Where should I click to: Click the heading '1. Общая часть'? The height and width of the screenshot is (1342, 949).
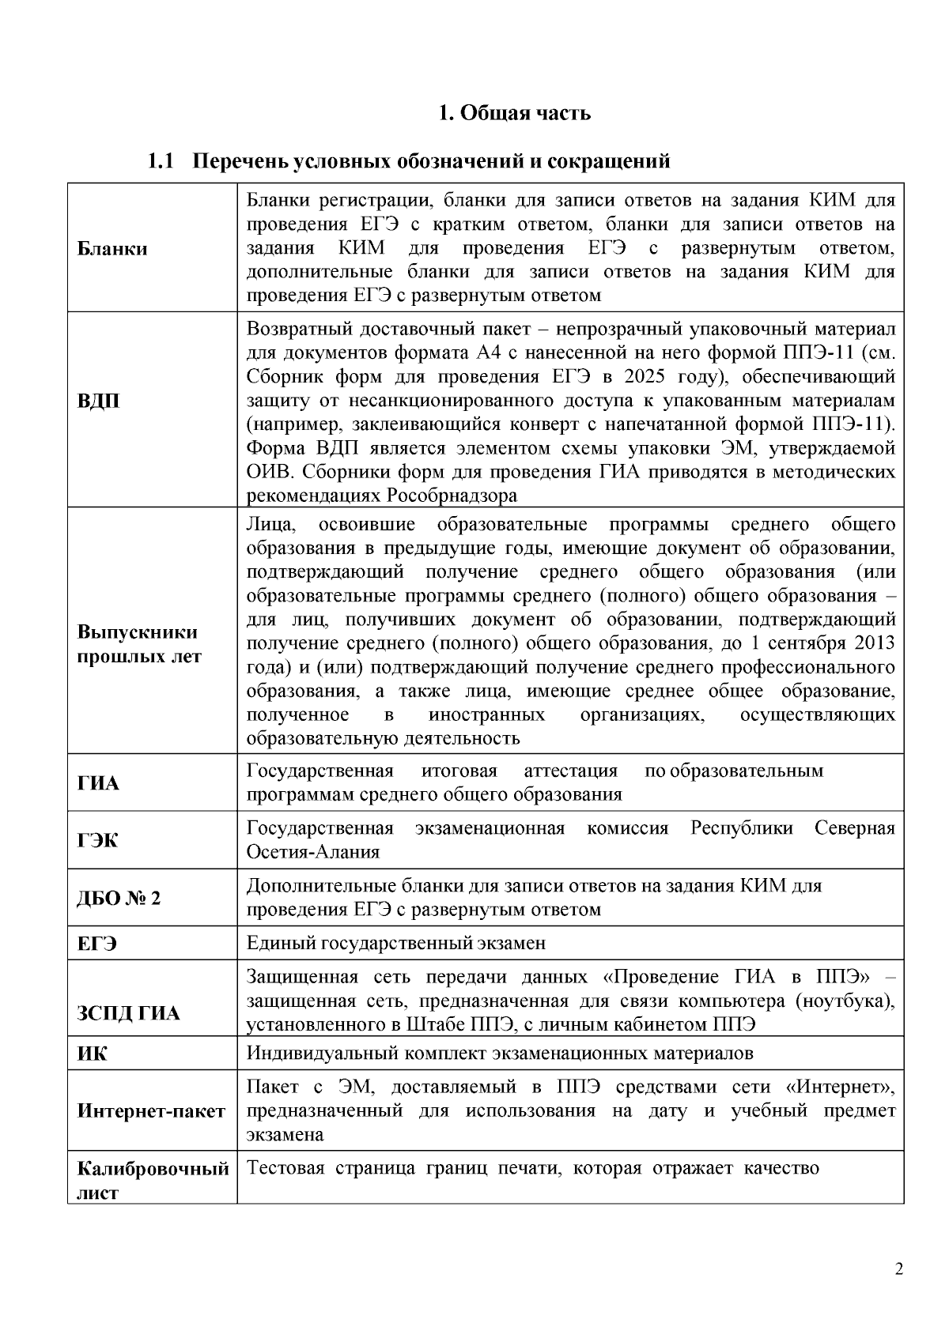click(514, 113)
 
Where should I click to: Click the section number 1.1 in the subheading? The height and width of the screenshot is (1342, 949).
click(161, 161)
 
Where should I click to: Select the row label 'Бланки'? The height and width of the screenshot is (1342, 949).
click(112, 249)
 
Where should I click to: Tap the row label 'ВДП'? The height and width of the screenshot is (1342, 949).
click(99, 401)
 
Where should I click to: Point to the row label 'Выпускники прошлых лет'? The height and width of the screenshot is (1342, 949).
click(139, 644)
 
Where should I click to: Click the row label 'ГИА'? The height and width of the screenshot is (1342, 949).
click(98, 783)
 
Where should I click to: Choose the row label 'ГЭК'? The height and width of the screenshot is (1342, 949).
click(98, 841)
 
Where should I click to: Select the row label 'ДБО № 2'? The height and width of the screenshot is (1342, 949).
click(119, 899)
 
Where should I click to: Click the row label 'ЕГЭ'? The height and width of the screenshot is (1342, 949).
click(97, 944)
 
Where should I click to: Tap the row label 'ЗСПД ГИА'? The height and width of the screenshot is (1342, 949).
click(128, 1013)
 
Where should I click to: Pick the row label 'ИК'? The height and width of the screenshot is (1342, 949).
click(92, 1054)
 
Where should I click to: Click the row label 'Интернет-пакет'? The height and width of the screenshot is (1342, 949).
click(151, 1111)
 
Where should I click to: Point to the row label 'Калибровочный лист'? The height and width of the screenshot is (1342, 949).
click(153, 1180)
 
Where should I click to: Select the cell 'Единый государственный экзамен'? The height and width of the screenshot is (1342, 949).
click(395, 943)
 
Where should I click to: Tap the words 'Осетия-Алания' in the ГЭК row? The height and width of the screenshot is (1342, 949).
click(313, 852)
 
